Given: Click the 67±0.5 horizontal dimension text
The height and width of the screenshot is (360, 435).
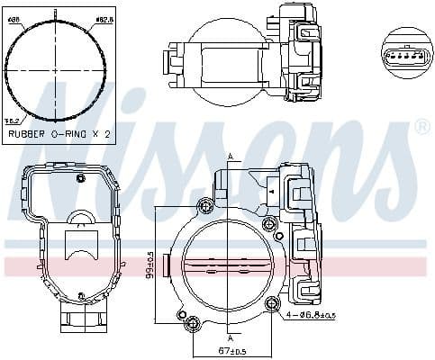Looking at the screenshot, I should [231, 350].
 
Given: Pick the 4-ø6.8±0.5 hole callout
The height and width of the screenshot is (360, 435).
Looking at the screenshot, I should [311, 316].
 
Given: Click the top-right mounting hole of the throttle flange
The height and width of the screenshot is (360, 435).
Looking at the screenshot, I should [267, 223].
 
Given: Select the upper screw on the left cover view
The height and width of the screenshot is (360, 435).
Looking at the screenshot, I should [81, 177].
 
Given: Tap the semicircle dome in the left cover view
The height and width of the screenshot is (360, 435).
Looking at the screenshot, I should [82, 218].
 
